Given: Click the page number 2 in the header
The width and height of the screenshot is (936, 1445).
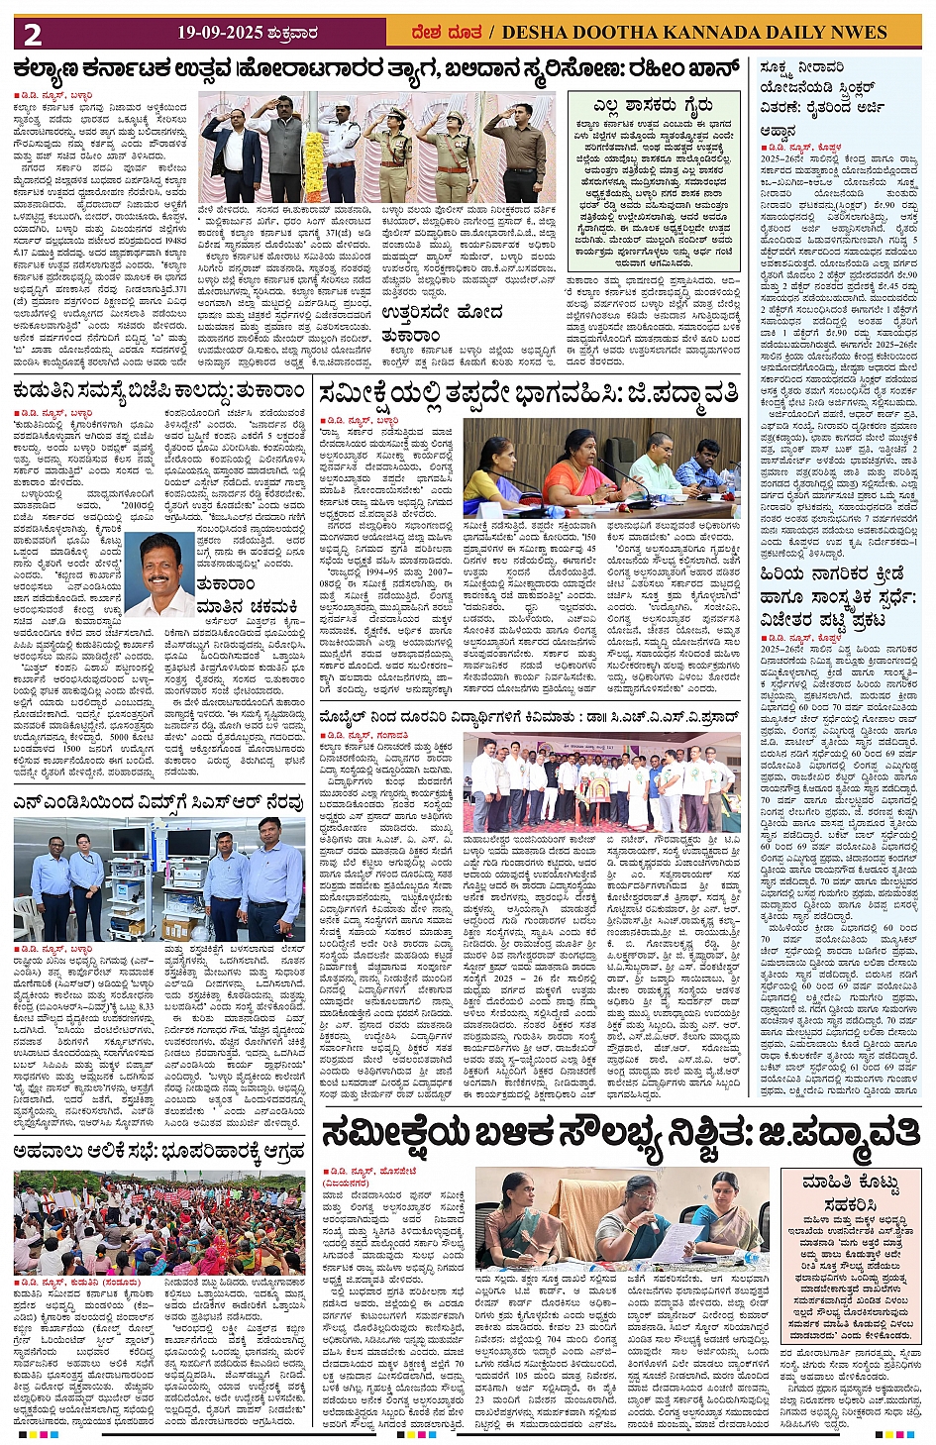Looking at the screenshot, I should click(x=34, y=34).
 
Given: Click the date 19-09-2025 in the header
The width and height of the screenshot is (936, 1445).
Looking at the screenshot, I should click(x=220, y=33).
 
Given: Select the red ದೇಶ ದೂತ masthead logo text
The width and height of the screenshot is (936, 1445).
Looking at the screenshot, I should click(x=447, y=33).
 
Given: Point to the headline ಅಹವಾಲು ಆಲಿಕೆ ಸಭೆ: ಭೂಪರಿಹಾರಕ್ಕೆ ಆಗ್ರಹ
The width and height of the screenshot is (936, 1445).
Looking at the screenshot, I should click(x=159, y=1151).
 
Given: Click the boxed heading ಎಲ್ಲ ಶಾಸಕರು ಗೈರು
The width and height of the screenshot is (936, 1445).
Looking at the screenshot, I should click(x=653, y=106).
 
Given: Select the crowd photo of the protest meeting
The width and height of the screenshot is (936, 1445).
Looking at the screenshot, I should click(x=159, y=1222).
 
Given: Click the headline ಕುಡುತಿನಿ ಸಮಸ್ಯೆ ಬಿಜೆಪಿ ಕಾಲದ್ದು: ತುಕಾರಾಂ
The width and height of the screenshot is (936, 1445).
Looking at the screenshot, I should click(x=159, y=391).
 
